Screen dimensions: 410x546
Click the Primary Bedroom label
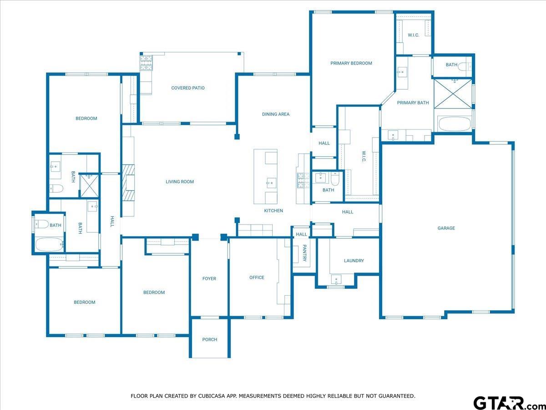351,63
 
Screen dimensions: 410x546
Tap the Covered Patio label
187,88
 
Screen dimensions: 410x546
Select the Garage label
446,228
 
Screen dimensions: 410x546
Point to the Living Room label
179,182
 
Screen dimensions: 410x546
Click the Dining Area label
275,114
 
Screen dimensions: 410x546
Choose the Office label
257,277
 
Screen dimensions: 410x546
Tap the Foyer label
209,278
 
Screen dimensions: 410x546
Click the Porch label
209,339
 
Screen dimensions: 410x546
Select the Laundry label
354,261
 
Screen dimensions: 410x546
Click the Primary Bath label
413,102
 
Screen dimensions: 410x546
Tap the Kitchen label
273,210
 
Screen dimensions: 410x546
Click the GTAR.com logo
505,403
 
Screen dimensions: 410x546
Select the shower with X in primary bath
453,93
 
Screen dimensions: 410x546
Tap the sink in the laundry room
337,279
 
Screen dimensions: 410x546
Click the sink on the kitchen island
270,183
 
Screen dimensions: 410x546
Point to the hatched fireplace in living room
127,182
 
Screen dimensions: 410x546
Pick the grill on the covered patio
146,63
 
